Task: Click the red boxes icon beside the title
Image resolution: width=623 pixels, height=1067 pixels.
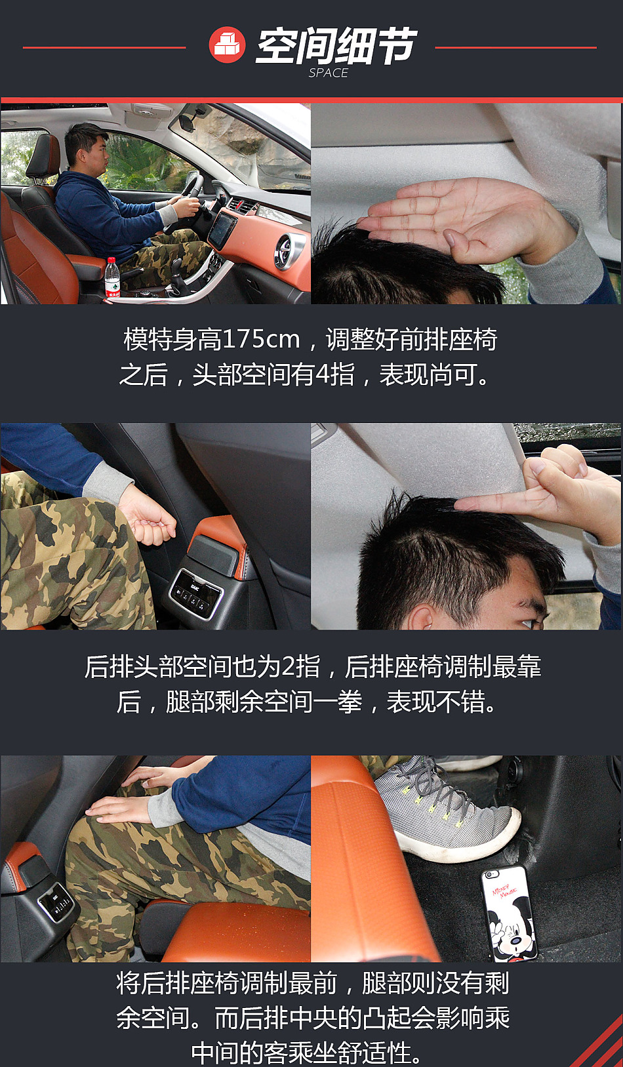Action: pyautogui.click(x=227, y=45)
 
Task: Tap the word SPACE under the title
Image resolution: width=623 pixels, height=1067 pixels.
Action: pyautogui.click(x=328, y=73)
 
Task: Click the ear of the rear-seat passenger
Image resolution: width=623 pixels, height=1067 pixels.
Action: pyautogui.click(x=422, y=615)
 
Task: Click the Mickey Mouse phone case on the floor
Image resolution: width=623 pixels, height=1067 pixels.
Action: pyautogui.click(x=509, y=913)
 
